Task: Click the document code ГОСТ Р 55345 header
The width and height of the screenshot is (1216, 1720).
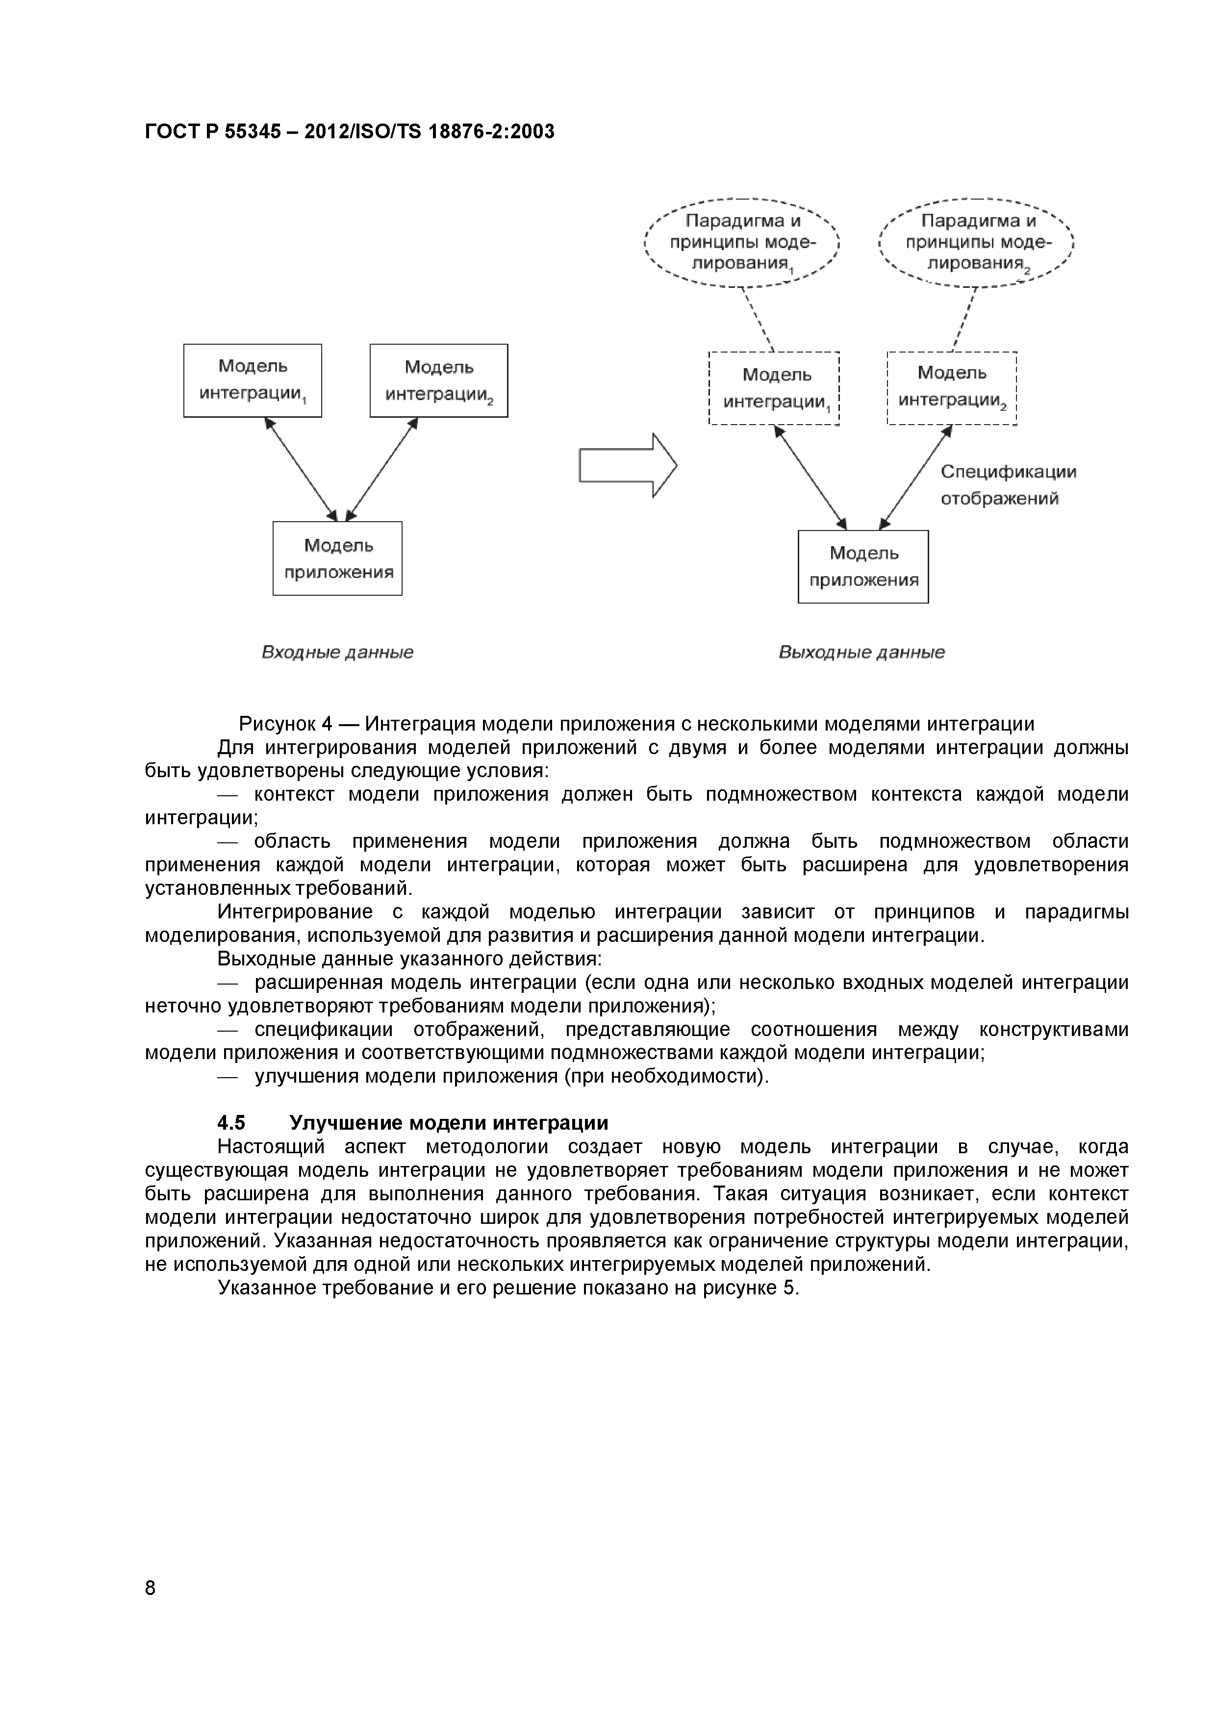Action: [x=349, y=132]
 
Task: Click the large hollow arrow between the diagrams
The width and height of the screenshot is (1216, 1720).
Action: [x=628, y=465]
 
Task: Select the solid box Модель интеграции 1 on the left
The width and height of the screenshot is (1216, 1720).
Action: [x=253, y=380]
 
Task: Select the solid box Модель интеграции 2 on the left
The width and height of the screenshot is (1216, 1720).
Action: [x=438, y=380]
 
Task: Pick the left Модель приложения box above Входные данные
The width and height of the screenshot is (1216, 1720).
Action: [x=337, y=558]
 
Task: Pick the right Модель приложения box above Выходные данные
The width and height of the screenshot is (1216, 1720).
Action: [x=863, y=566]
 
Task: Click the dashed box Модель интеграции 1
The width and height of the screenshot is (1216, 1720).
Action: [x=774, y=388]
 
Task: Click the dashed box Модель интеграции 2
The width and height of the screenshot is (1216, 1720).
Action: [x=952, y=387]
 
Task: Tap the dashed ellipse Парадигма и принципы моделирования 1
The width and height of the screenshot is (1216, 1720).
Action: [x=742, y=242]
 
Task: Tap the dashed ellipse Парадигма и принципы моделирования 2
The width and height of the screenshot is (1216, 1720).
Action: [x=977, y=242]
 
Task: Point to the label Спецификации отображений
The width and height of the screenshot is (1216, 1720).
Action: [x=1008, y=485]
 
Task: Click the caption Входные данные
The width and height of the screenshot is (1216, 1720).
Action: [x=337, y=653]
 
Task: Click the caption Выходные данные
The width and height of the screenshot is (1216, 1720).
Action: [x=861, y=653]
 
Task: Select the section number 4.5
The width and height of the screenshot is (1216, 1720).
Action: [x=231, y=1123]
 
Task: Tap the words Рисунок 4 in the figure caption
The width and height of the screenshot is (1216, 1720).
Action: [x=285, y=724]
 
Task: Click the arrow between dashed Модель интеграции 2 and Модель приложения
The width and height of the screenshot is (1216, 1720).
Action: [x=915, y=477]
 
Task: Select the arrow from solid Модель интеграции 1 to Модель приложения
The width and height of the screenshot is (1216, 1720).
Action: [x=301, y=469]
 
